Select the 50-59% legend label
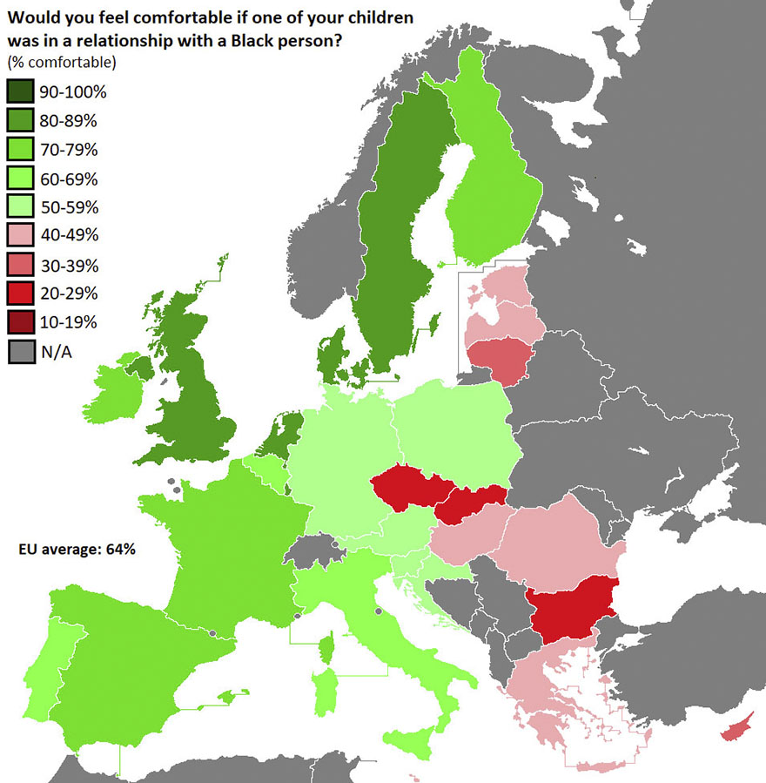tap(68, 208)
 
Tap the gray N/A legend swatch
tap(20, 352)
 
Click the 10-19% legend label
tap(68, 322)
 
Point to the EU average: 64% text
tap(77, 550)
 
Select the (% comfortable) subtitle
tap(62, 63)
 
